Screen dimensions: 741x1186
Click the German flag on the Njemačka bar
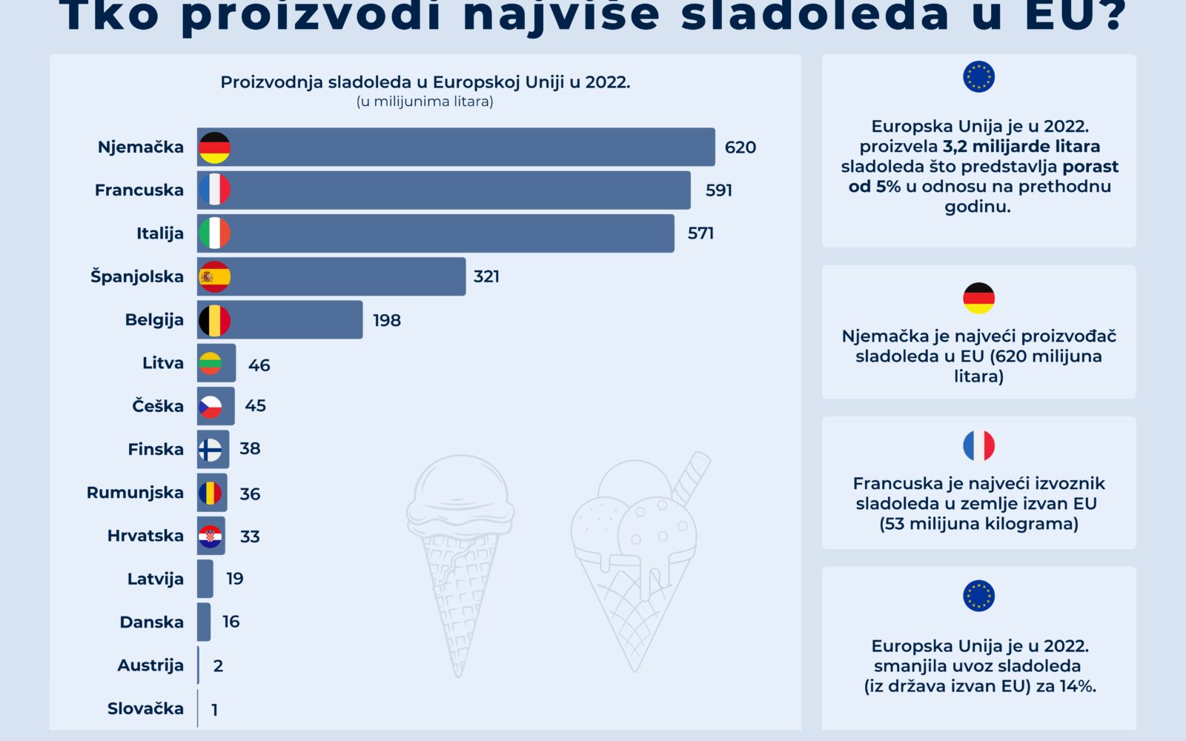click(214, 147)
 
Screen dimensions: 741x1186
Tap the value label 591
click(718, 190)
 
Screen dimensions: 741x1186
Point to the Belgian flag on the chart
click(214, 320)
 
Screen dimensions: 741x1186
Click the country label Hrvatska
click(145, 536)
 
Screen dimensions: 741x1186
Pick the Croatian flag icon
click(211, 536)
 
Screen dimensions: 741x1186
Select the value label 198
click(386, 320)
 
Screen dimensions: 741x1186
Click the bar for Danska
click(204, 622)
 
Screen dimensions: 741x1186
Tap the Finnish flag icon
click(211, 449)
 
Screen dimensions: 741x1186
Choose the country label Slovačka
click(145, 708)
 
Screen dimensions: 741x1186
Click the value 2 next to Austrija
click(218, 665)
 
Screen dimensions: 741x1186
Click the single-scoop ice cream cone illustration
click(460, 556)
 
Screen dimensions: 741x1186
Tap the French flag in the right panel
click(978, 445)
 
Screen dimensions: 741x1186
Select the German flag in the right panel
click(978, 298)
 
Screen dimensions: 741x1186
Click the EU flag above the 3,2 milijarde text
click(978, 76)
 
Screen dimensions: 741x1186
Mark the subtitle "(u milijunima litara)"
click(425, 102)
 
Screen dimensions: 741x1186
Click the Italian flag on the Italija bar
click(214, 233)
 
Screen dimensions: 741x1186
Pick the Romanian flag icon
click(211, 493)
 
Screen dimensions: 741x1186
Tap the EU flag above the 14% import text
click(978, 596)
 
